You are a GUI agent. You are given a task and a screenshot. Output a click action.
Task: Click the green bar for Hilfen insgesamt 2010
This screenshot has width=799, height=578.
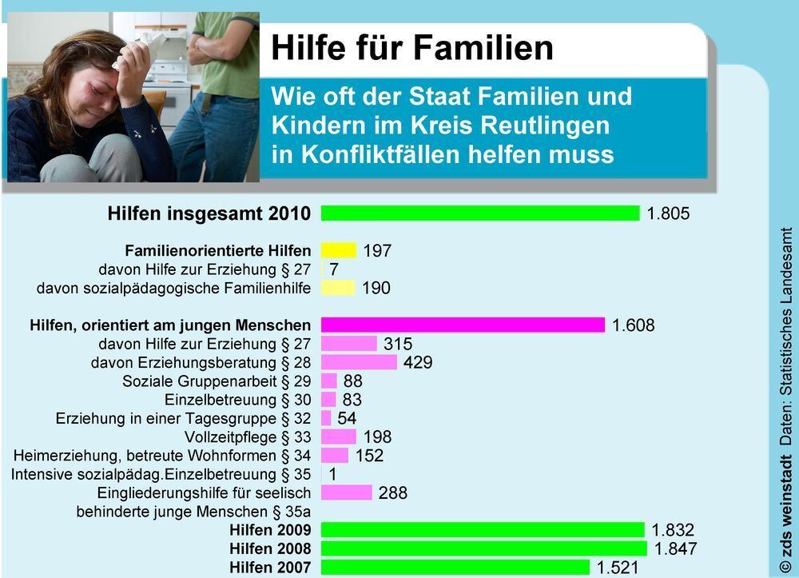[x=480, y=213]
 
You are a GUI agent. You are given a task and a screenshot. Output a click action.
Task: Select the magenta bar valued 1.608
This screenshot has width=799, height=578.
[x=463, y=325]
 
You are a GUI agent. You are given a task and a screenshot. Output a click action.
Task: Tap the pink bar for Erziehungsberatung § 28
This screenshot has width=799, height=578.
[x=359, y=362]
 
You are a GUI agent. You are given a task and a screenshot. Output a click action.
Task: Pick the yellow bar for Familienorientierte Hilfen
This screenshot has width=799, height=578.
[x=339, y=250]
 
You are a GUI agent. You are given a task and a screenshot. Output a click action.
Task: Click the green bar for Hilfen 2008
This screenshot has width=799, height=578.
[x=484, y=548]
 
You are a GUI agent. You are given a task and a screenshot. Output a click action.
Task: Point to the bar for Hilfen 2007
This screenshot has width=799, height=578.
[x=455, y=568]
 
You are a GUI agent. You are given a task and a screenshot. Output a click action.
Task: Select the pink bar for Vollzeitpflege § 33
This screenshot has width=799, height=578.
[x=339, y=436]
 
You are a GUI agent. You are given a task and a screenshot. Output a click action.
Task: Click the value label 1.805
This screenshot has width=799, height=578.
[x=667, y=213]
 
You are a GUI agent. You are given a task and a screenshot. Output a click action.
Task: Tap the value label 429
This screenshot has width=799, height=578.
[x=418, y=362]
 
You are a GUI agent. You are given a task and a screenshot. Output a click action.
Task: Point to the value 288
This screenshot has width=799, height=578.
[x=392, y=492]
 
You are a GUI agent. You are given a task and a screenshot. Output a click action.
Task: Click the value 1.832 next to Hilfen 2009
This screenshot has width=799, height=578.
[x=673, y=530]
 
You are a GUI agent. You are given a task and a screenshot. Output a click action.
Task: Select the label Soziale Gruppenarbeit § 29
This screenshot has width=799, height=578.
[x=217, y=381]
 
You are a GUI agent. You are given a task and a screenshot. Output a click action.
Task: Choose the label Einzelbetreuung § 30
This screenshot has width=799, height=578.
[x=237, y=400]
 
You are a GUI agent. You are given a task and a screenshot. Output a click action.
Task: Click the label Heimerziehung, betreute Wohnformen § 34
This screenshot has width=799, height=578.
[x=162, y=456]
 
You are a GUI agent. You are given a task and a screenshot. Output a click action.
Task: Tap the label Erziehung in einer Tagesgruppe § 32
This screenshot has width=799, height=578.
[x=183, y=418]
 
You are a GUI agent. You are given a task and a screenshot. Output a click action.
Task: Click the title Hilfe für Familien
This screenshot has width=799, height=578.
[x=412, y=47]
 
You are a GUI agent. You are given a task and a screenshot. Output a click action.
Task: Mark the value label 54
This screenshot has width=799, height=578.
[x=347, y=418]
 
